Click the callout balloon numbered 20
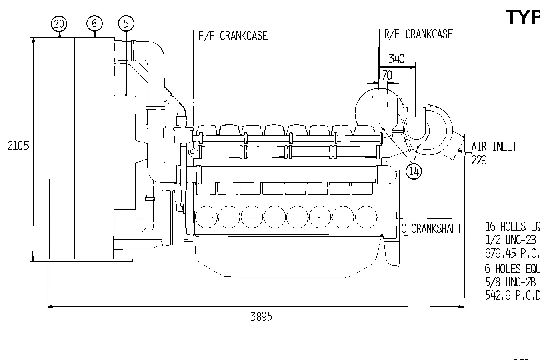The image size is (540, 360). tap(59, 24)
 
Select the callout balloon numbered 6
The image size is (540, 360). tap(94, 23)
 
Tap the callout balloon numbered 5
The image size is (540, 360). tap(126, 24)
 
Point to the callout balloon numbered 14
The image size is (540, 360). tap(414, 171)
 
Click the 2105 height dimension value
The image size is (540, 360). tap(18, 146)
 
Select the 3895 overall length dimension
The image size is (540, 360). tap(261, 317)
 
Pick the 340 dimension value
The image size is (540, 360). tap(396, 59)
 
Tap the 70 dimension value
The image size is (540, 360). tap(387, 75)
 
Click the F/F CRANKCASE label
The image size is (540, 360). tap(233, 36)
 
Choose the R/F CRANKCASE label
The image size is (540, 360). tap(418, 34)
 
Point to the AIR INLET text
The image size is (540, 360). tap(494, 147)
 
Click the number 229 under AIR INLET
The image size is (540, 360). tap(479, 160)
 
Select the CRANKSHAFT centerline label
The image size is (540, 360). tap(432, 228)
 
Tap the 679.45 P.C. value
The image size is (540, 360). tap(512, 253)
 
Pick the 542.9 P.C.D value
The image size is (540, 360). tap(512, 296)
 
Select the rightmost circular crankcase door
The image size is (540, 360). tap(366, 217)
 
